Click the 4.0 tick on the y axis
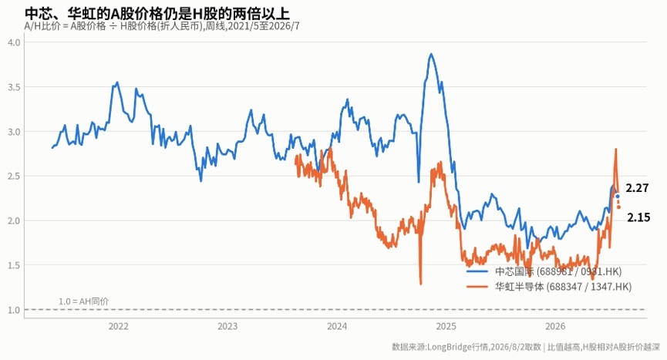tap(14, 42)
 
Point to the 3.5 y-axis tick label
tap(14, 87)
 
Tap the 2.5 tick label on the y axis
tap(14, 176)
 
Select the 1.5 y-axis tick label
tap(14, 265)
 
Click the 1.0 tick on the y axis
tap(14, 310)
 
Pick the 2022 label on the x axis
tap(118, 326)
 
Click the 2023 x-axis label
tap(227, 326)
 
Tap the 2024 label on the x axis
tap(337, 326)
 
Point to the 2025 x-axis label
tap(446, 326)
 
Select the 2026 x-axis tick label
tap(555, 326)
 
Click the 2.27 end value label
tap(637, 188)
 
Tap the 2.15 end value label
tap(638, 217)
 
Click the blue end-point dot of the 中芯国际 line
tap(618, 197)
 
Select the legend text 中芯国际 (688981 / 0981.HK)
tap(558, 271)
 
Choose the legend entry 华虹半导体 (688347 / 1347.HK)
tap(563, 287)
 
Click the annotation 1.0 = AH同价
tap(84, 301)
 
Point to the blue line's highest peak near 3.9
tap(431, 54)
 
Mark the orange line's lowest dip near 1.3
tap(421, 284)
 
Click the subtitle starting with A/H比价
tap(162, 26)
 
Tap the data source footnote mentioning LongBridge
tap(526, 347)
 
